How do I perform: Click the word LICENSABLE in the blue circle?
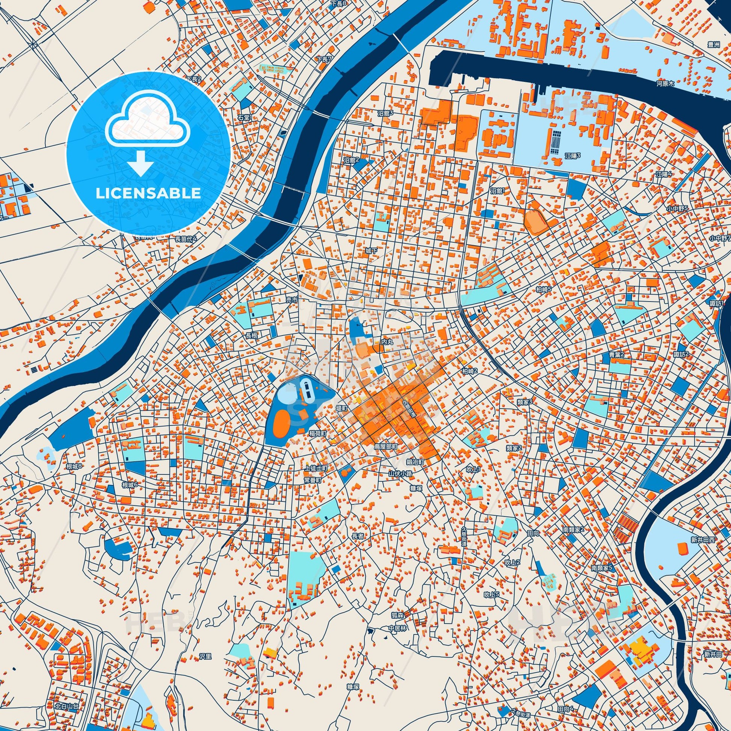coord(148,193)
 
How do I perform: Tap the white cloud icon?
coord(148,125)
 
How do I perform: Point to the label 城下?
coord(371,251)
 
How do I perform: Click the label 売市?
coord(292,300)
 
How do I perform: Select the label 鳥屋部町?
coord(385,447)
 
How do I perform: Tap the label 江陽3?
coord(572,156)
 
